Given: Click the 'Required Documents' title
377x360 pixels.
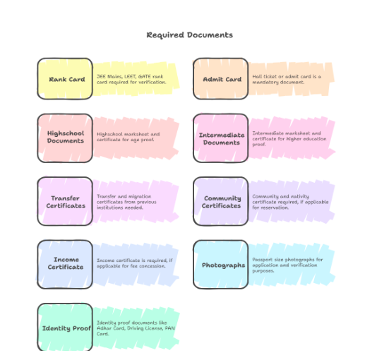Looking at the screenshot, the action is (190, 35).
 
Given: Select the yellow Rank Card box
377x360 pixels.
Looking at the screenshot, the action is (65, 78).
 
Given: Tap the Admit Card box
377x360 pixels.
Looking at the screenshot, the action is (220, 78).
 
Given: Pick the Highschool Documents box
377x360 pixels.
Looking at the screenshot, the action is (65, 138).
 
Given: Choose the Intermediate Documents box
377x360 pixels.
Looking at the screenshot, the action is (220, 138).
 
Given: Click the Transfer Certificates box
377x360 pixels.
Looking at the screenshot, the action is (65, 201).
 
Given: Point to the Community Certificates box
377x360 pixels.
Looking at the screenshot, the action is (220, 201).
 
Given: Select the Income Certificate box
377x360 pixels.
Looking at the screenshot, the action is (65, 264).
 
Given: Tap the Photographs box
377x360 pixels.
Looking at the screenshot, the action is (220, 264).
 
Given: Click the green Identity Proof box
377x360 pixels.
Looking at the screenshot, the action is (65, 328).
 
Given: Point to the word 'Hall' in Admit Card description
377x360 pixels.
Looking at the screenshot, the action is (257, 77).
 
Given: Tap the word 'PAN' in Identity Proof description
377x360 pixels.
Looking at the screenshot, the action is (170, 328).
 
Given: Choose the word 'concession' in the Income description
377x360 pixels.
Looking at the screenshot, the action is (153, 266).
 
